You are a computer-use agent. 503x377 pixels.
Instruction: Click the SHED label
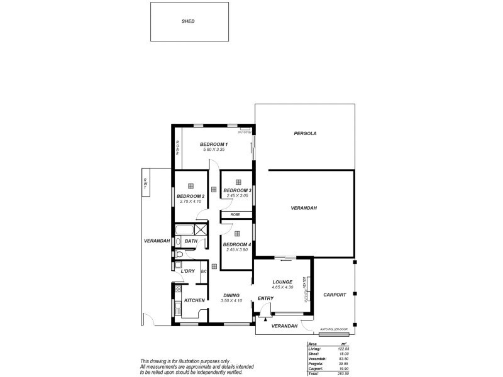tap(188, 21)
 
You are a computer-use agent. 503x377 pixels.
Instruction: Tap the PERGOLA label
tap(305, 134)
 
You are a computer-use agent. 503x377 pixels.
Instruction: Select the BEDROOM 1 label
tap(214, 145)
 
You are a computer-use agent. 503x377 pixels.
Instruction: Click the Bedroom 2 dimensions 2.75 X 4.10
tap(190, 201)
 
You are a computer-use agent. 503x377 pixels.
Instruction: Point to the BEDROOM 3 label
tap(237, 190)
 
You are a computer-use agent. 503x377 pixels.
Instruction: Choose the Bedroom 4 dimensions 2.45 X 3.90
tap(237, 249)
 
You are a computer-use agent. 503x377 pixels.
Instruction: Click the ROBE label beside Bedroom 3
tap(235, 215)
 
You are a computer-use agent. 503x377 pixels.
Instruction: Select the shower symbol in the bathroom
tap(201, 229)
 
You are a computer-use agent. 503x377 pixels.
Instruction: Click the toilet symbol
tap(179, 254)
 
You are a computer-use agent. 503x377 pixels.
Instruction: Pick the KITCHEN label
tap(194, 300)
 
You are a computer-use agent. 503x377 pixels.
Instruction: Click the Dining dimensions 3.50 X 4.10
tap(231, 300)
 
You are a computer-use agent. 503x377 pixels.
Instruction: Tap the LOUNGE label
tap(284, 281)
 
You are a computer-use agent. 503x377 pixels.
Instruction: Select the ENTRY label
tap(265, 298)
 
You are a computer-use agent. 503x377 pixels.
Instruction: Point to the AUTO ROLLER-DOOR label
tap(333, 329)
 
